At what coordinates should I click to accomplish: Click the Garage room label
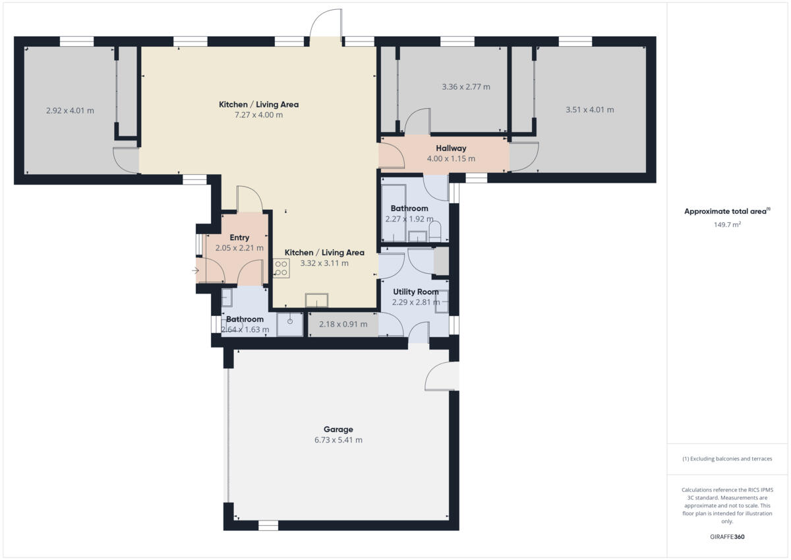click(337, 429)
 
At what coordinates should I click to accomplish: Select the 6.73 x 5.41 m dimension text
click(338, 440)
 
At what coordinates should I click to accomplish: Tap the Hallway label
click(451, 148)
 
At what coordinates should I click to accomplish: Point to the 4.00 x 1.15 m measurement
click(451, 159)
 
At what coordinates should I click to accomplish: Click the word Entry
click(239, 237)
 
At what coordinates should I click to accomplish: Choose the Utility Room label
click(415, 292)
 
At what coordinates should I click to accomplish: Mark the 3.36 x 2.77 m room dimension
click(465, 86)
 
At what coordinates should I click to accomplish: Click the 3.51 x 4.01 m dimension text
click(589, 110)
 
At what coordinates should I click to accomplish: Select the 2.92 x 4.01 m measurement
click(70, 111)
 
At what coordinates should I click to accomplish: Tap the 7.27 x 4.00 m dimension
click(258, 115)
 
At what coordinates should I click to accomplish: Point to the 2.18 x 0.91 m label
click(343, 325)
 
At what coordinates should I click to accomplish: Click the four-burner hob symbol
click(281, 267)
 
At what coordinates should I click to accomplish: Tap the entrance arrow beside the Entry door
click(195, 270)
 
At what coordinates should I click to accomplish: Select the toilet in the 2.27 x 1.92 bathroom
click(434, 232)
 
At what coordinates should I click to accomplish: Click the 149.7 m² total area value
click(727, 224)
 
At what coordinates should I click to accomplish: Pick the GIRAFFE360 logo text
click(727, 537)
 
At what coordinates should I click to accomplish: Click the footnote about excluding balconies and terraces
click(727, 458)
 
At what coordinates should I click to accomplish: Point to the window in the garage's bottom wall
click(268, 526)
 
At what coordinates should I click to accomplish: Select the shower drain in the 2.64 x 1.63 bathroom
click(289, 321)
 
